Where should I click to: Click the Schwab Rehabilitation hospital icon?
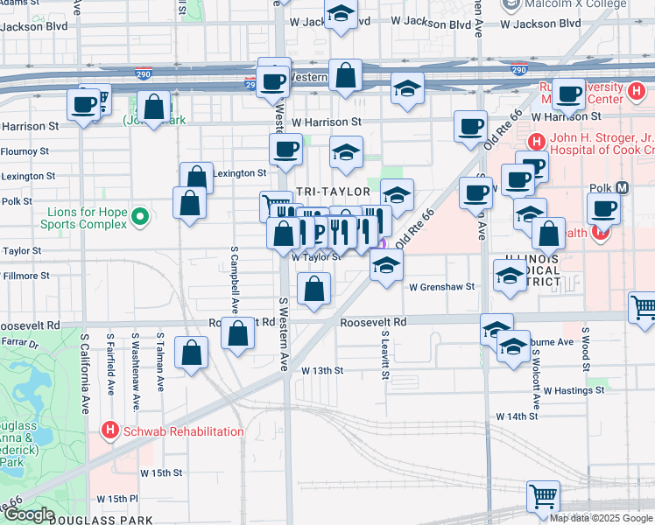[109, 430]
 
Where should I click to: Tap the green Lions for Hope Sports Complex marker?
[139, 216]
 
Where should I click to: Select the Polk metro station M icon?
[623, 187]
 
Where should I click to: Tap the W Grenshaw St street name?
[440, 286]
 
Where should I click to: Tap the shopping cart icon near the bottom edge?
[543, 496]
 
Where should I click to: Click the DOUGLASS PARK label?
[95, 520]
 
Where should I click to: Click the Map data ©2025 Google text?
[600, 518]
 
